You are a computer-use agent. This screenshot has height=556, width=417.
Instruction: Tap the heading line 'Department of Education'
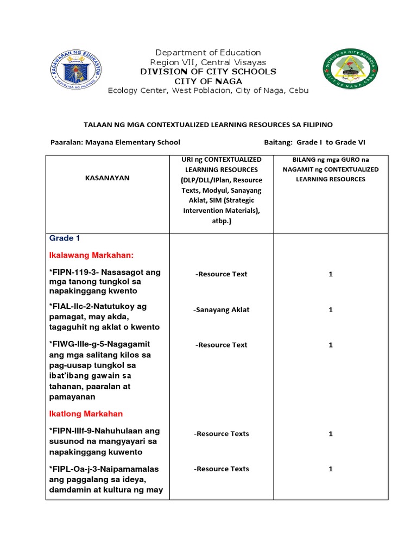click(208, 53)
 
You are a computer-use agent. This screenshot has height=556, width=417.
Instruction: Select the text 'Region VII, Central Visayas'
click(208, 62)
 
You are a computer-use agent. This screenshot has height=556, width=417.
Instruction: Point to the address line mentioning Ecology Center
click(208, 91)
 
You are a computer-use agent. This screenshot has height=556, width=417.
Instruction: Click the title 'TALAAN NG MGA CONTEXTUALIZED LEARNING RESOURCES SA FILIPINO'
click(208, 125)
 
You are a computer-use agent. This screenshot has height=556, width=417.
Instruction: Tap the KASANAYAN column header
click(108, 178)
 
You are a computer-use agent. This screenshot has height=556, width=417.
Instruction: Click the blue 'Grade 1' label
click(65, 238)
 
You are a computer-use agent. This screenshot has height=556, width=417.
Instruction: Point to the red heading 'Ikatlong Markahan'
click(87, 414)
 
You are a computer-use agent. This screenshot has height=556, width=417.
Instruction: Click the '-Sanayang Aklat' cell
click(221, 309)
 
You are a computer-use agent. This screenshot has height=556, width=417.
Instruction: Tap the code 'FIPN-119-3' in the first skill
click(72, 272)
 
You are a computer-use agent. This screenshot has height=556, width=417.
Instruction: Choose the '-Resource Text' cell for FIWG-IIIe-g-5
click(221, 345)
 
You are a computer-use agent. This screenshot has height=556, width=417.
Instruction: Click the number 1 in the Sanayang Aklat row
click(330, 309)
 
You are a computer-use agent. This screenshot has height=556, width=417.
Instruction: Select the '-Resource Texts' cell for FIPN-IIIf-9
click(222, 434)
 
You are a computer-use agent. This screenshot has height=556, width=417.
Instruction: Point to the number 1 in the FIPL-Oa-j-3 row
click(330, 469)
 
